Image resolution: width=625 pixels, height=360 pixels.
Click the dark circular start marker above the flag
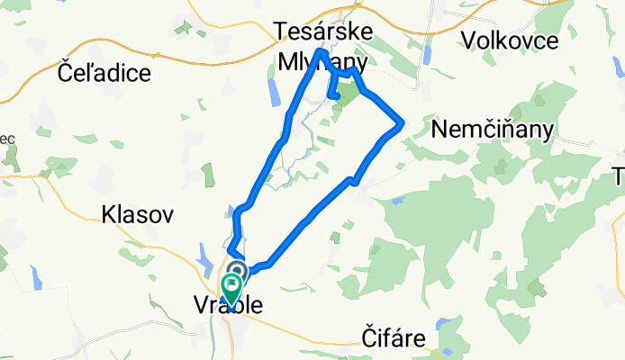[239, 270]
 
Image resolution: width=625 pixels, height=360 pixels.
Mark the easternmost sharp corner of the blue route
[402, 122]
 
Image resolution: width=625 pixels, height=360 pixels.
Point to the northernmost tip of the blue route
[321, 52]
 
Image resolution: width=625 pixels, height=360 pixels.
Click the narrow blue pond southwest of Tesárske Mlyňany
[273, 90]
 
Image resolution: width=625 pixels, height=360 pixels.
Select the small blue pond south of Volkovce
[429, 55]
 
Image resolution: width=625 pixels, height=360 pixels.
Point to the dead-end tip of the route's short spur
[333, 94]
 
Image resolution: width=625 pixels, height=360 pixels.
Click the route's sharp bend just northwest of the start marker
[231, 250]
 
